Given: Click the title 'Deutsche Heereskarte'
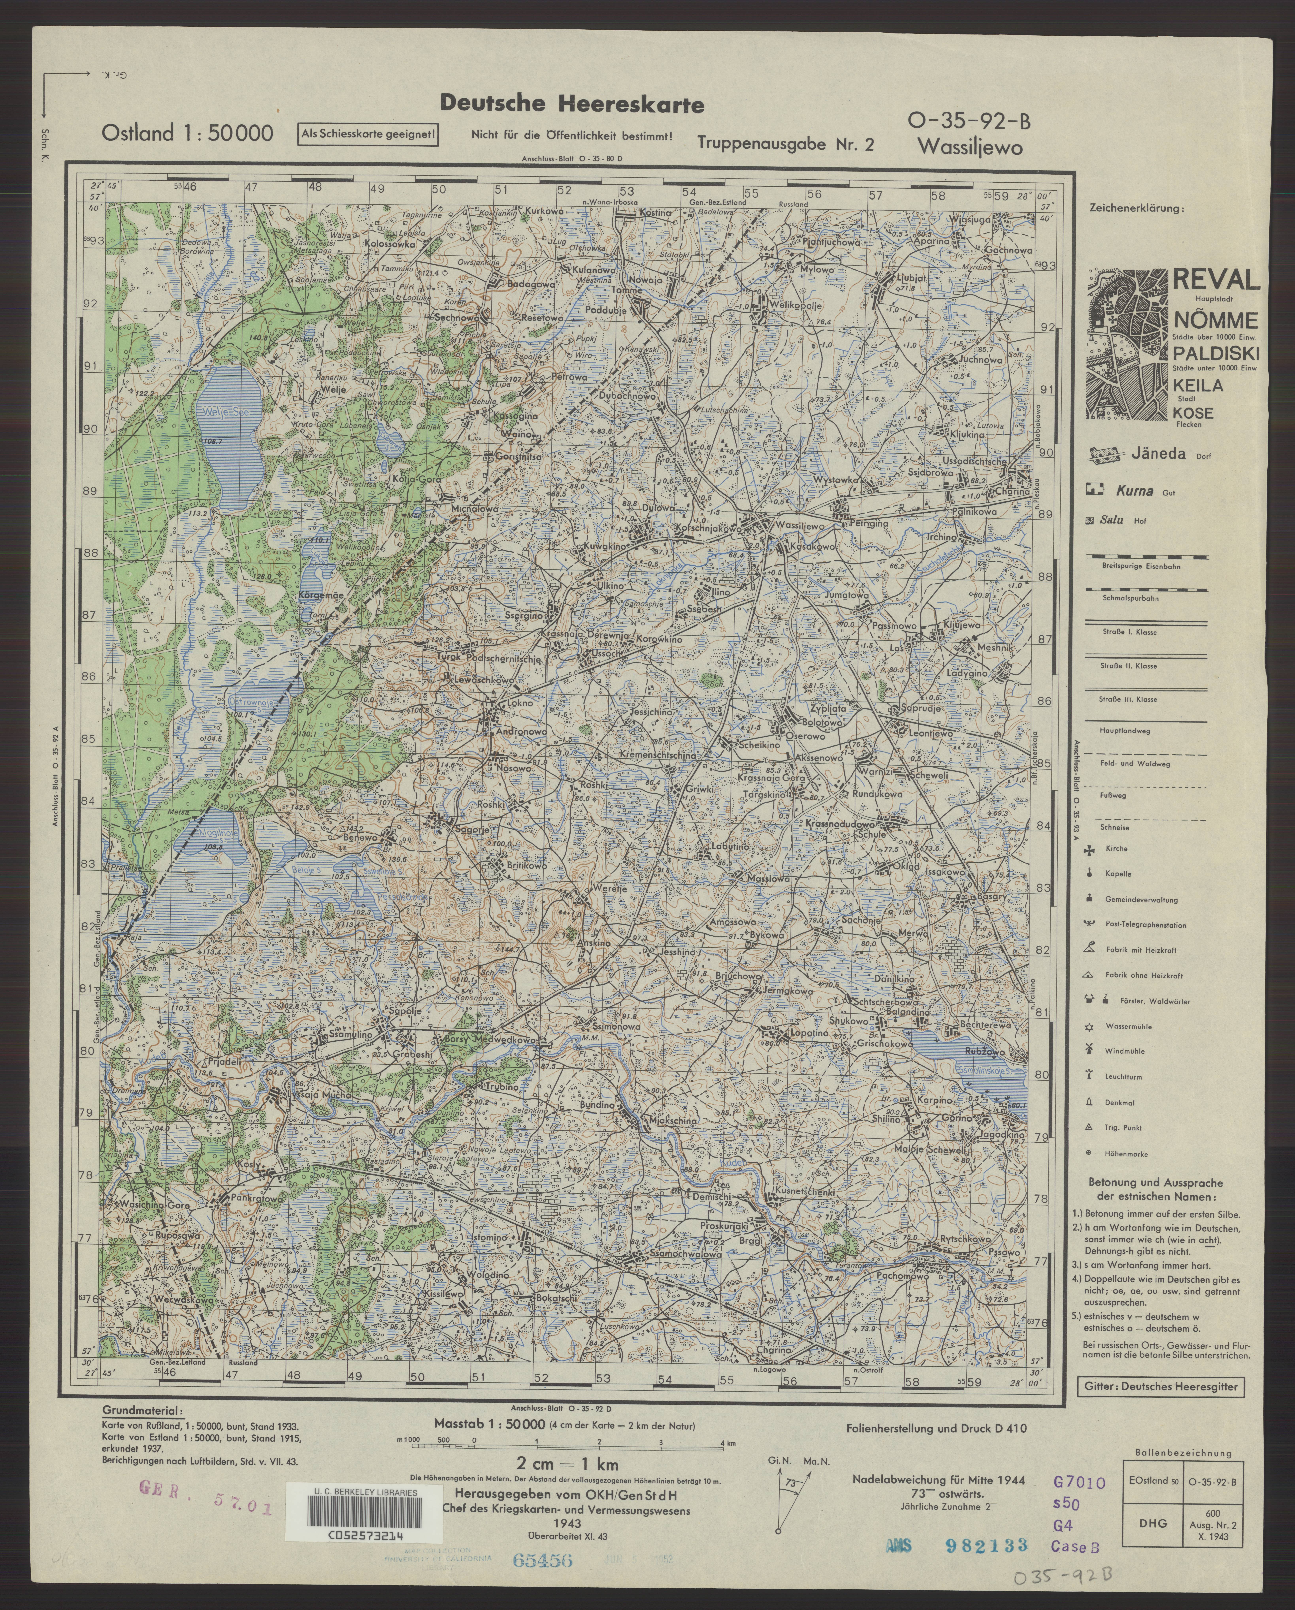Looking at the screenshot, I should pyautogui.click(x=571, y=104).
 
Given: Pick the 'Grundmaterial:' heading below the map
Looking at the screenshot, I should pyautogui.click(x=142, y=1411).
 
